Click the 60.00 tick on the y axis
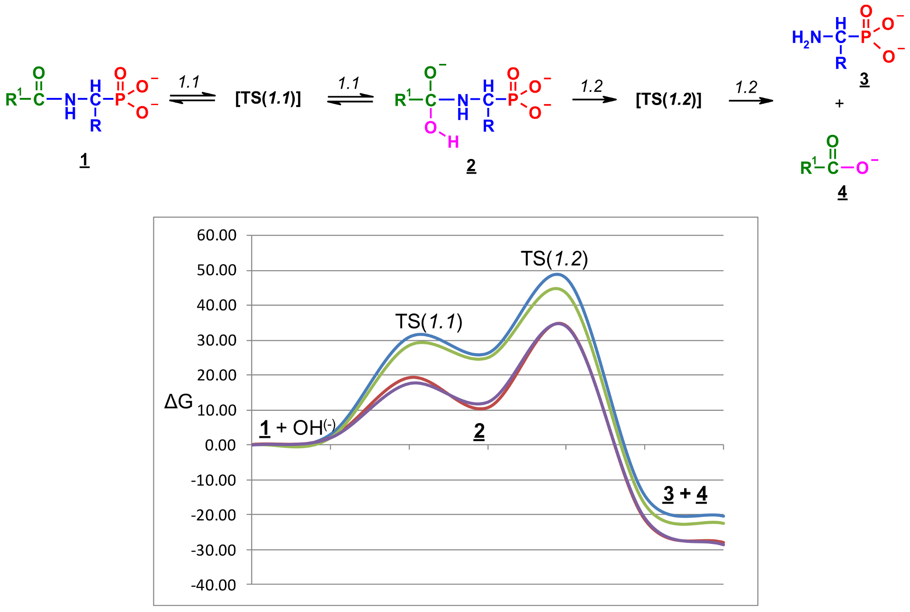point(216,235)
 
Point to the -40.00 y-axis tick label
point(213,585)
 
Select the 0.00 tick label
point(220,445)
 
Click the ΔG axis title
point(178,402)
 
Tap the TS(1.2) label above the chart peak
point(554,259)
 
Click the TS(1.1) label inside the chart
point(429,322)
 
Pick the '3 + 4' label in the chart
point(685,494)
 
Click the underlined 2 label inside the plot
point(479,431)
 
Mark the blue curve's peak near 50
point(557,274)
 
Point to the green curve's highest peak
point(556,288)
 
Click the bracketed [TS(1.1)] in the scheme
point(268,98)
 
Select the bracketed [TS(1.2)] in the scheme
point(668,99)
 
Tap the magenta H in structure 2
point(453,142)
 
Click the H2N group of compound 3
point(806,37)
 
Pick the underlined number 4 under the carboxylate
point(842,192)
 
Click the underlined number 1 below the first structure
point(84,160)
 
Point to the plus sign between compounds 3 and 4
point(839,103)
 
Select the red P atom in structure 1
point(120,99)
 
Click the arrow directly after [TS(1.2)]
point(751,100)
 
